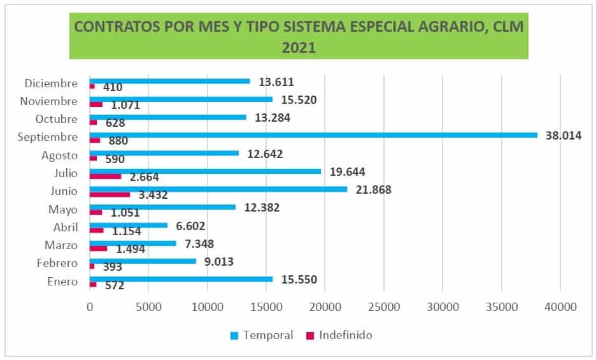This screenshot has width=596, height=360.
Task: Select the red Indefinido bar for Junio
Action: coord(110,194)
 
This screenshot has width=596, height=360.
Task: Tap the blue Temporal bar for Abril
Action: coord(128,225)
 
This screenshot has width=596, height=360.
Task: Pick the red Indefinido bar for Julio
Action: coord(105,176)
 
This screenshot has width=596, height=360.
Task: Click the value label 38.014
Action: coord(563,136)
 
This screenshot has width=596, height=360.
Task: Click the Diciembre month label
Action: coord(51,83)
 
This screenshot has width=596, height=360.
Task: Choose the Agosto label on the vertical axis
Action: coord(59,155)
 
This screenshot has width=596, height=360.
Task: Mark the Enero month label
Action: coord(62,282)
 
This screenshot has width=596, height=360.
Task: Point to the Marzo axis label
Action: coord(61,245)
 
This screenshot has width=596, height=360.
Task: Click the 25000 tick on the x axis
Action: coord(383,306)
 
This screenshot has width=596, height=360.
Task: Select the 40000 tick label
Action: coord(560,306)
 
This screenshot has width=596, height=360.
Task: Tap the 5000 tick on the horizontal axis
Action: coord(148,306)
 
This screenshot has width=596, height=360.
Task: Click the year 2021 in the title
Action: coord(299,48)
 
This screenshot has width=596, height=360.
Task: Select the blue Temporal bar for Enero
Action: coord(181,279)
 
